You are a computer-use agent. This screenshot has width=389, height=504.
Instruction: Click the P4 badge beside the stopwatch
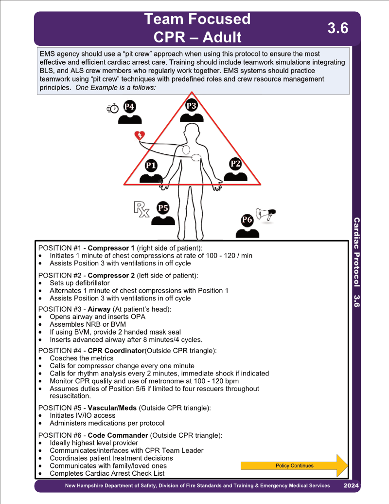point(129,107)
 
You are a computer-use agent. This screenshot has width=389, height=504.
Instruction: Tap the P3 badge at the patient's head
point(191,106)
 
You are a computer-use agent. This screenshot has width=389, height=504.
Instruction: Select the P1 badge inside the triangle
point(151,166)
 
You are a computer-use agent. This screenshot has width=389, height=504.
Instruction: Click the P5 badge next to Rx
point(163,208)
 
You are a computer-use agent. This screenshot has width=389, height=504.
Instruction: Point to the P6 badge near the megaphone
point(247,220)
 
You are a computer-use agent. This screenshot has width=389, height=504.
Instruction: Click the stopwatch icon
point(113,109)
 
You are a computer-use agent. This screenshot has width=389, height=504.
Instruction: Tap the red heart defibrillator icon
point(140,135)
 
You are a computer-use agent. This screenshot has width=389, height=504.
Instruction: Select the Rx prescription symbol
point(141,209)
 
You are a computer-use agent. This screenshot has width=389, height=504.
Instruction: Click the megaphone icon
point(266,214)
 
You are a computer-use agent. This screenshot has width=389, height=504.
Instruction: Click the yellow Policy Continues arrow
point(294,466)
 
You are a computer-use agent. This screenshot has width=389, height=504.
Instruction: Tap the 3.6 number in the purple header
point(337,28)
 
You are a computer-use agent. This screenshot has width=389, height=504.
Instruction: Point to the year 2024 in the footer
point(351,485)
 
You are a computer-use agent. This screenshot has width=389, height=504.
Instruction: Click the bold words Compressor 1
point(111,248)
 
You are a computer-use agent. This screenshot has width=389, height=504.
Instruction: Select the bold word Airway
point(99,309)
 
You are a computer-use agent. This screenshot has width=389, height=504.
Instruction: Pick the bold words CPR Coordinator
point(116,351)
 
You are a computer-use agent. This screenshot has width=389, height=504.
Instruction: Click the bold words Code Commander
point(118,435)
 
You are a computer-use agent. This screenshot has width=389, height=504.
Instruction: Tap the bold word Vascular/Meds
point(112,408)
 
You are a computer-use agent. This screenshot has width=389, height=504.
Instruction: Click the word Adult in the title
point(222,37)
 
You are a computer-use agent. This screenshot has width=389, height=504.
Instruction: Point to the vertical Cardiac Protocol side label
point(356,252)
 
